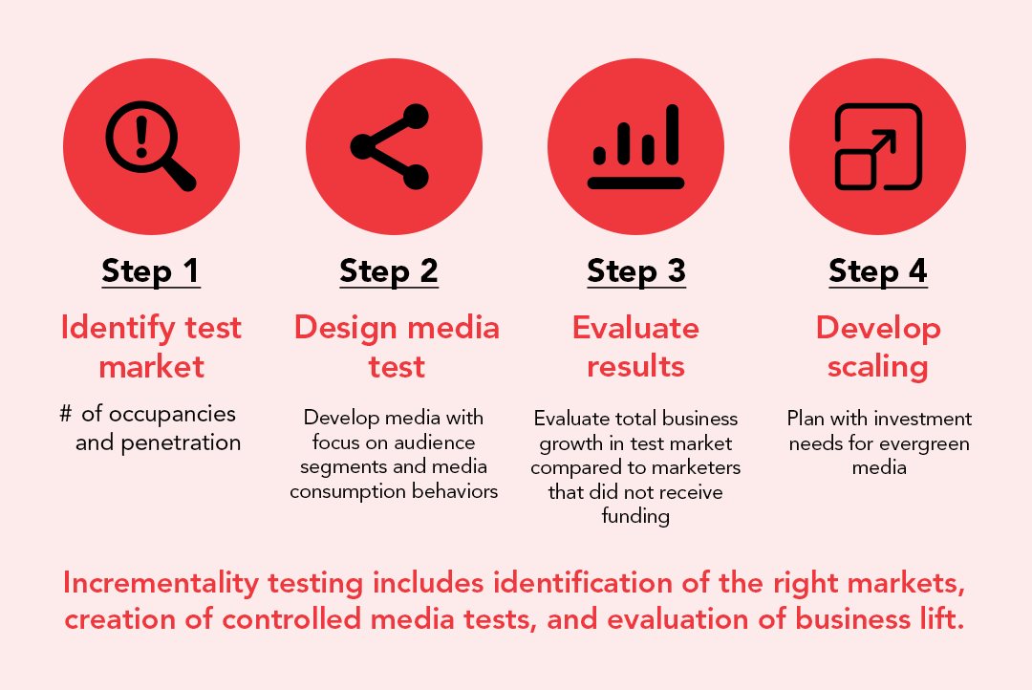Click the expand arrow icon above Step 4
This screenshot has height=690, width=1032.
(878, 146)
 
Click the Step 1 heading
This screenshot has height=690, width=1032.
(150, 271)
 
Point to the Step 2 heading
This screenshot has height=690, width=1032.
(389, 271)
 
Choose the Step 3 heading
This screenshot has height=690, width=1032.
(636, 271)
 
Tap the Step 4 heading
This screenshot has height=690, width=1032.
(878, 271)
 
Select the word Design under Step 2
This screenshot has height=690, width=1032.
(346, 328)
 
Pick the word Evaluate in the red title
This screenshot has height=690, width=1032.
(635, 328)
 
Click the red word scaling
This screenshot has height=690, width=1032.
(878, 367)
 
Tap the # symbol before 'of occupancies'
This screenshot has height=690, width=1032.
(66, 414)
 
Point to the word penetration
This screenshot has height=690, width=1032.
(181, 443)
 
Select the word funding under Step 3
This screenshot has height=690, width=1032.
(635, 516)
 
